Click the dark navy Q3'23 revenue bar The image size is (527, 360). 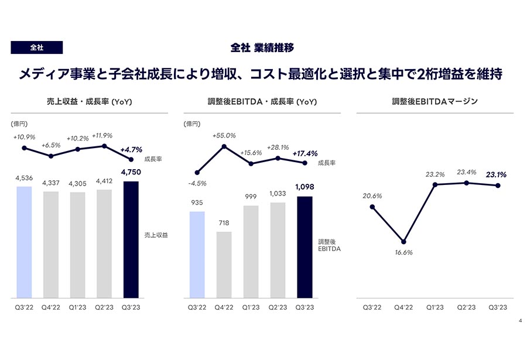pyautogui.click(x=131, y=239)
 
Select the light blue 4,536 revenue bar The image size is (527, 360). pyautogui.click(x=24, y=242)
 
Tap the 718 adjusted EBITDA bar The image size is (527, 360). pyautogui.click(x=224, y=265)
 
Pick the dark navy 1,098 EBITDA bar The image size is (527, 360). pyautogui.click(x=304, y=248)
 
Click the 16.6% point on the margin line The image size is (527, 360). pyautogui.click(x=403, y=242)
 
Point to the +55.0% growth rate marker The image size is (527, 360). pyautogui.click(x=224, y=146)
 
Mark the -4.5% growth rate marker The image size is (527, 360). pyautogui.click(x=197, y=173)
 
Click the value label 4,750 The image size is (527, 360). pyautogui.click(x=131, y=172)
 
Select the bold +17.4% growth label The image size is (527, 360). pyautogui.click(x=305, y=153)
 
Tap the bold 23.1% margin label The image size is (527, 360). pyautogui.click(x=496, y=174)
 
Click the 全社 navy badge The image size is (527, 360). pyautogui.click(x=37, y=47)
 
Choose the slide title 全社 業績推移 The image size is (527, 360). pyautogui.click(x=262, y=48)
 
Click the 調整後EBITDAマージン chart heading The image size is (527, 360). pyautogui.click(x=435, y=101)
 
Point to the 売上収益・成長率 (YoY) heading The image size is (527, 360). pyautogui.click(x=90, y=101)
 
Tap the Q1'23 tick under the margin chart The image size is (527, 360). pyautogui.click(x=435, y=307)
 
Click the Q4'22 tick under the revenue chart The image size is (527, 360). pyautogui.click(x=51, y=307)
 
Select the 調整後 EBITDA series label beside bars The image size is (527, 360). pyautogui.click(x=329, y=245)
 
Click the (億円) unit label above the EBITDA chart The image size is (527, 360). pyautogui.click(x=192, y=124)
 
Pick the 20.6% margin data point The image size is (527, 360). pyautogui.click(x=372, y=207)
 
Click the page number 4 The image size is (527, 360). pyautogui.click(x=521, y=320)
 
